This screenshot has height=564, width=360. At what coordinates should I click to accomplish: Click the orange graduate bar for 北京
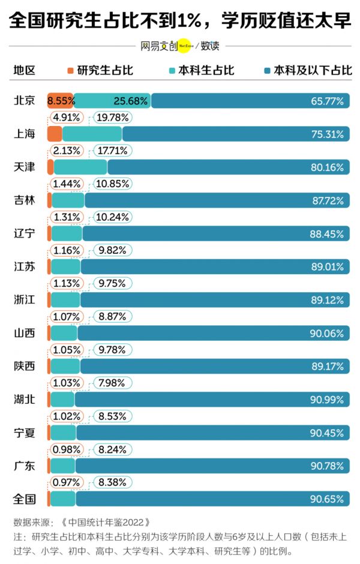(60, 101)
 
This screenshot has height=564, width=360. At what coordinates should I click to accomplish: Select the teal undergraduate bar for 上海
(92, 134)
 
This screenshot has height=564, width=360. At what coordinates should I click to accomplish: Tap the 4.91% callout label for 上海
(67, 117)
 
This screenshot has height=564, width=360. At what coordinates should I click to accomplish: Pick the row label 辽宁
(25, 233)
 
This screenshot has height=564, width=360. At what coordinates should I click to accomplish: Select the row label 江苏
(25, 266)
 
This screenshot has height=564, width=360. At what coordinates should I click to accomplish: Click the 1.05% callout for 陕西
(67, 350)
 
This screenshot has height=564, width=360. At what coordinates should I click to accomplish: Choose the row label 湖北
(25, 399)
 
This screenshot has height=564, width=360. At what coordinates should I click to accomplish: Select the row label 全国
(25, 499)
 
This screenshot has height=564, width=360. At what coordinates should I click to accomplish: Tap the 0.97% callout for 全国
(67, 482)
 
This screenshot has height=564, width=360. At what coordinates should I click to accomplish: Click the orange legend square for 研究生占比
(70, 70)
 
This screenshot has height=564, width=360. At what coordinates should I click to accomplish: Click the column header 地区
(25, 70)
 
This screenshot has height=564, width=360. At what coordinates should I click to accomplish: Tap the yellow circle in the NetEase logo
(185, 45)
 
